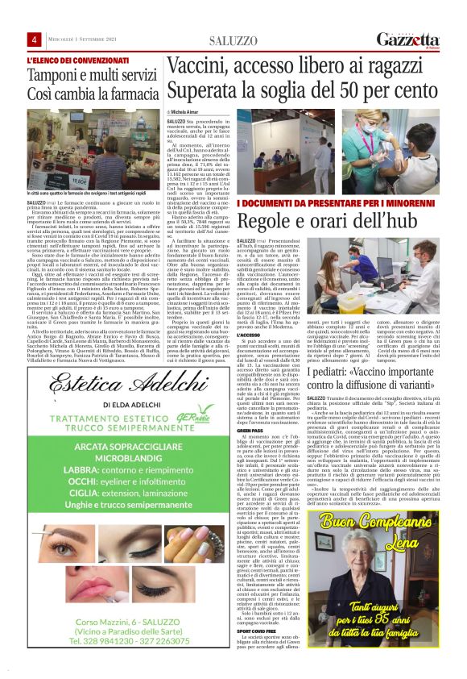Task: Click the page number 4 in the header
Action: click(x=35, y=40)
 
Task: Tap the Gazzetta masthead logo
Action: click(x=416, y=40)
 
